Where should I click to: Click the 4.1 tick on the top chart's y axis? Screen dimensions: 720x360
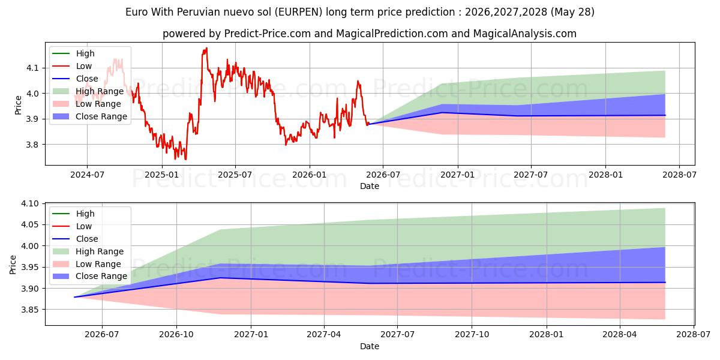coord(32,68)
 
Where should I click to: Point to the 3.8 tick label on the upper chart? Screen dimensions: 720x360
coord(32,145)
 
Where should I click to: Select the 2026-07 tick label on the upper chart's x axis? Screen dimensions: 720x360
coord(383,175)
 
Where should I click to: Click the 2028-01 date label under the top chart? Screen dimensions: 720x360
coord(605,175)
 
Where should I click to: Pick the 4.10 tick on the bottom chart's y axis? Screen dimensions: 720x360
coord(29,203)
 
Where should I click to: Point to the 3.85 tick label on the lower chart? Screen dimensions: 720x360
coord(29,310)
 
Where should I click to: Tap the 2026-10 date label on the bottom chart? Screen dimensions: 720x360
coord(176,335)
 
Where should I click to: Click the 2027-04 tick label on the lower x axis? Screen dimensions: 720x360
coord(324,335)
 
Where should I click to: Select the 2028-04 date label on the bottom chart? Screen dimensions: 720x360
coord(620,335)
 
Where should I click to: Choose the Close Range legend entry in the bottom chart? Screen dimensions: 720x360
coord(89,277)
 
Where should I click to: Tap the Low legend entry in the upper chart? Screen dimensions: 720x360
coord(72,66)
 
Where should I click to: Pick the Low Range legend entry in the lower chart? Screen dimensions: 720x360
coord(87,264)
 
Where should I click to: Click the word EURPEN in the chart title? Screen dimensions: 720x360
coord(299,12)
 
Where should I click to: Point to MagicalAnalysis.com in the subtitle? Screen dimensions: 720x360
coord(524,34)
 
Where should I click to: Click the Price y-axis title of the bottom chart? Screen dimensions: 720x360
coord(13,265)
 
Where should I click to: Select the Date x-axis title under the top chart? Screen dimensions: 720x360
coord(370,186)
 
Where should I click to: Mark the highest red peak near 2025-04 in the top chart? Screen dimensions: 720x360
coord(206,48)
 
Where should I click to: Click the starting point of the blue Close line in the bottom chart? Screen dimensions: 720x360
coord(74,297)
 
